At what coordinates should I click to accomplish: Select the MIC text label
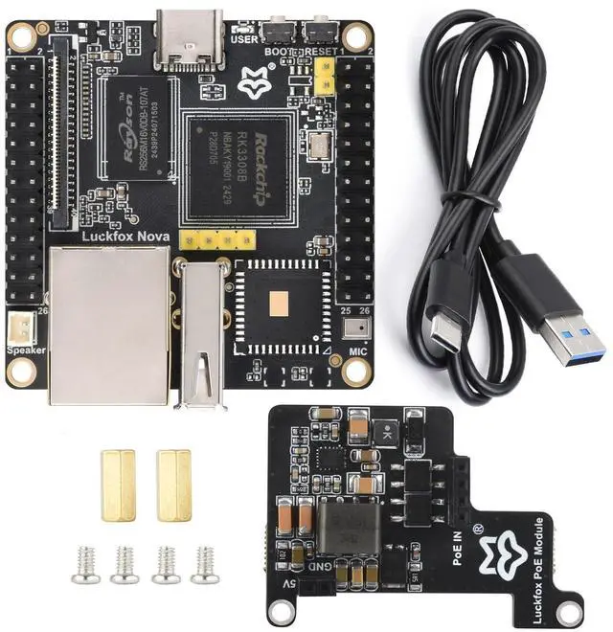[x=358, y=351]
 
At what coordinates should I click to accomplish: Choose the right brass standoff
[x=173, y=484]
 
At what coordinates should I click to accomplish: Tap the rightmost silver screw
[x=203, y=565]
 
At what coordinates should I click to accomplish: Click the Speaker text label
[x=26, y=351]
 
